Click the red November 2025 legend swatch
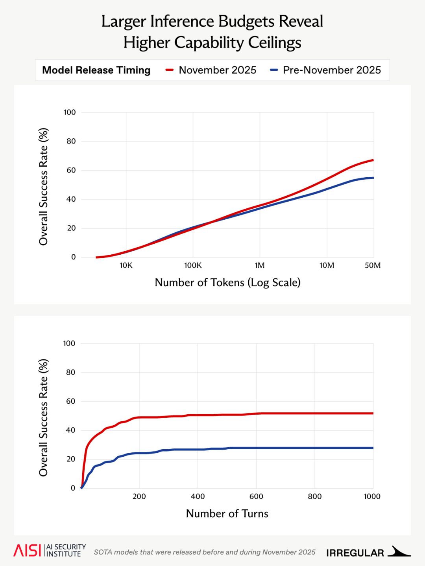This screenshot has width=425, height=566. pyautogui.click(x=170, y=70)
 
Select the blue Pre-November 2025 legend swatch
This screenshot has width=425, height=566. pyautogui.click(x=274, y=70)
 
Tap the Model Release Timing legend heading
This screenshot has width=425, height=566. pyautogui.click(x=96, y=70)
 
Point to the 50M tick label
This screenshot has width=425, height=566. pyautogui.click(x=372, y=265)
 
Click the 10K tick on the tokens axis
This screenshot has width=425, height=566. pyautogui.click(x=126, y=265)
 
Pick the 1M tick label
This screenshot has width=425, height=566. pyautogui.click(x=260, y=265)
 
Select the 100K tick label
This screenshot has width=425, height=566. pyautogui.click(x=193, y=265)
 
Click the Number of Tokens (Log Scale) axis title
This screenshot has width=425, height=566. pyautogui.click(x=227, y=283)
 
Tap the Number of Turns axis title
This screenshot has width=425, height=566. pyautogui.click(x=227, y=514)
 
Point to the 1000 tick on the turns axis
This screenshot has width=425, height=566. pyautogui.click(x=372, y=496)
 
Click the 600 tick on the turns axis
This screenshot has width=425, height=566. pyautogui.click(x=256, y=496)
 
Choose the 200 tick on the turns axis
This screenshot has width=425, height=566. pyautogui.click(x=139, y=496)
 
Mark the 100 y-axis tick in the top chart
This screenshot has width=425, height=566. pyautogui.click(x=70, y=112)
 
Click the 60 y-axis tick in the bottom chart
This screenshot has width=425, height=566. pyautogui.click(x=71, y=401)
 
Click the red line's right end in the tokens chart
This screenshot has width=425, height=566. pyautogui.click(x=373, y=160)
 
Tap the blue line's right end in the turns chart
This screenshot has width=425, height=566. pyautogui.click(x=372, y=448)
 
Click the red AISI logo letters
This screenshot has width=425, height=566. pyautogui.click(x=27, y=551)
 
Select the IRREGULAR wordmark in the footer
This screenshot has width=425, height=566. pyautogui.click(x=355, y=553)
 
